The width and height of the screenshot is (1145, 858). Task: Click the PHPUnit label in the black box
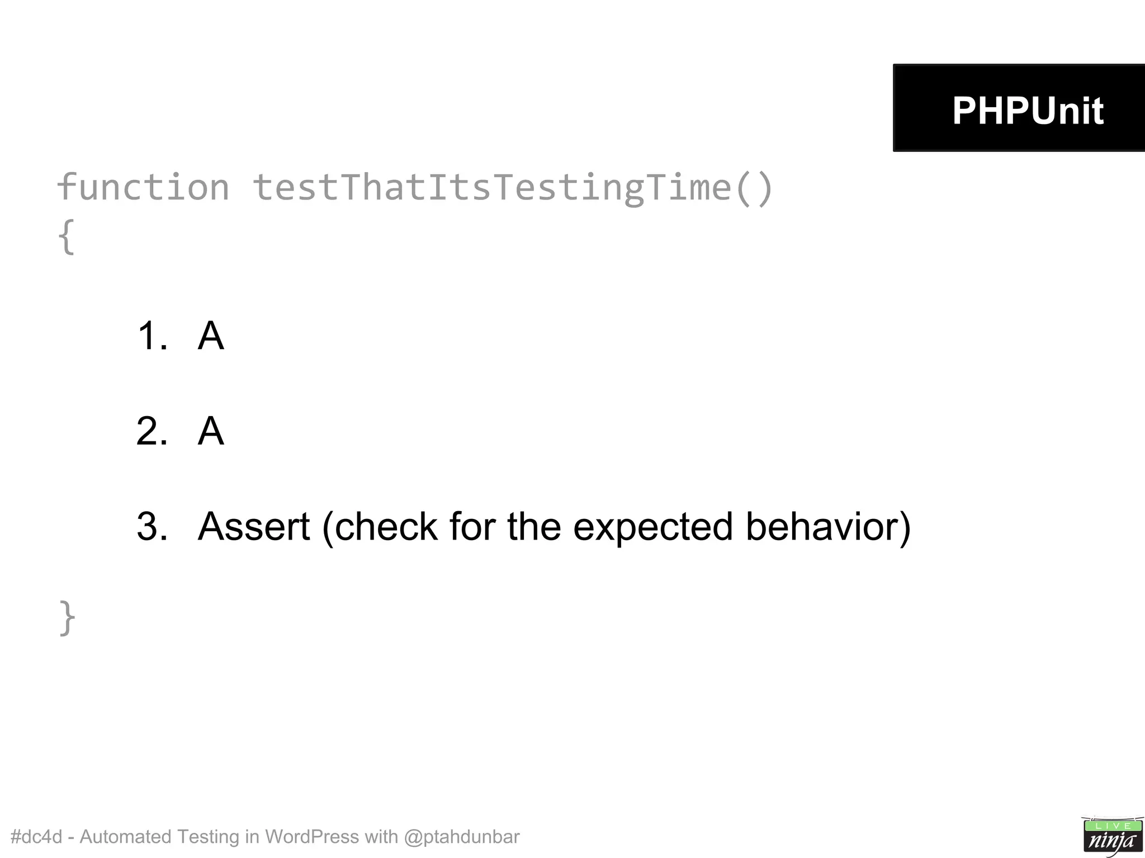(x=1027, y=110)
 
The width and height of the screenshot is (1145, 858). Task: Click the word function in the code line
(x=143, y=187)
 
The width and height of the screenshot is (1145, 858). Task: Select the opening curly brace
(x=66, y=236)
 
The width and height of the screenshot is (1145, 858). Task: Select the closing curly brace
(x=67, y=617)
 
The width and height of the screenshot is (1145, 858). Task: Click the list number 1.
(x=152, y=336)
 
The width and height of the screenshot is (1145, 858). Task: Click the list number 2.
(x=152, y=431)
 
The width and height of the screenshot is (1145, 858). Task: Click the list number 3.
(x=152, y=526)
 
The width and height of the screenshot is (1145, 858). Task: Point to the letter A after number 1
(x=211, y=336)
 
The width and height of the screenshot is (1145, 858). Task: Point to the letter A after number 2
(x=211, y=431)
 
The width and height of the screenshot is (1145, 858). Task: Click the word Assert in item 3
(x=254, y=526)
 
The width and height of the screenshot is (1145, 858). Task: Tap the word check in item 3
(x=386, y=526)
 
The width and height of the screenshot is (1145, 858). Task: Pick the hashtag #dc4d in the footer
(x=36, y=837)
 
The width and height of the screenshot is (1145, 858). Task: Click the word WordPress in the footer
(x=311, y=837)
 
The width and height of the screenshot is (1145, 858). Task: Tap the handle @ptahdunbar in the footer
(x=461, y=837)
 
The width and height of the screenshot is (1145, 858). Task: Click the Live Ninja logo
(x=1112, y=836)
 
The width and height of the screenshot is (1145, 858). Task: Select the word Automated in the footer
(x=125, y=837)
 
